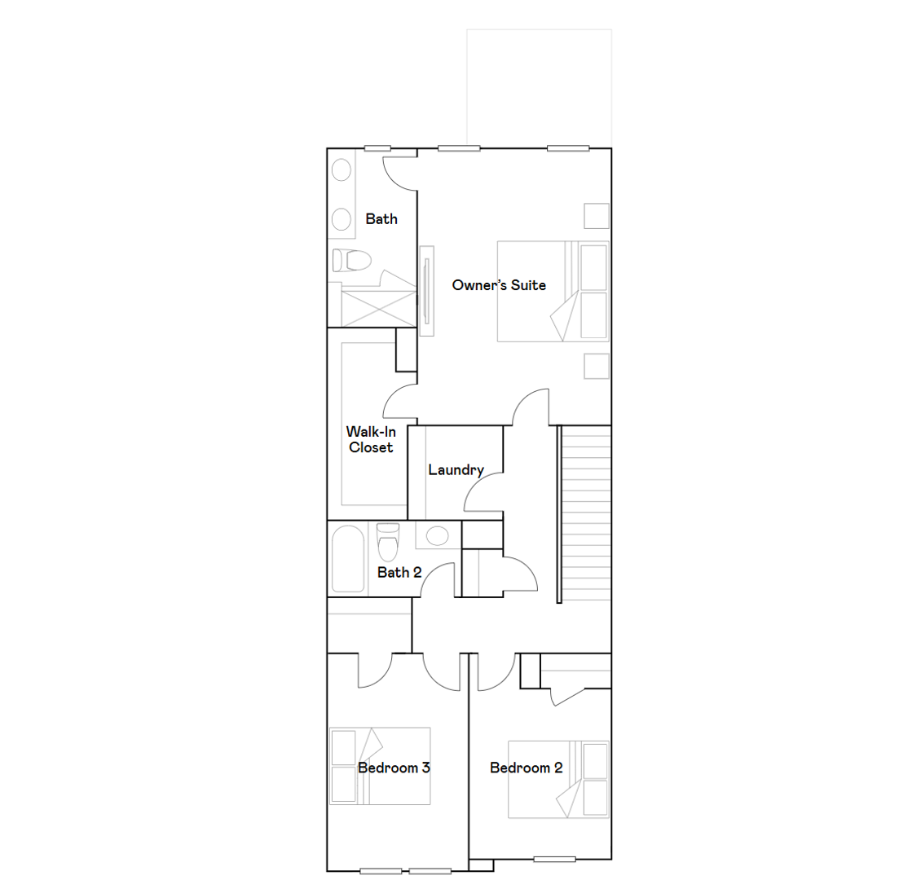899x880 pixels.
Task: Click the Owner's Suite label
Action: click(499, 285)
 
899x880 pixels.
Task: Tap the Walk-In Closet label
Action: click(371, 440)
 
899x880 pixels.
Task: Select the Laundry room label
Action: click(456, 470)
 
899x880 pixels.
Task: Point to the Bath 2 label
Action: click(399, 572)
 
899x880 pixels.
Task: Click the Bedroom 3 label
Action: click(394, 768)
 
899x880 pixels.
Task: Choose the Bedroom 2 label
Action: click(527, 768)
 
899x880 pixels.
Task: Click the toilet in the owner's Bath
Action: click(352, 260)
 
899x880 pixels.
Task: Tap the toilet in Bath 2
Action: click(388, 542)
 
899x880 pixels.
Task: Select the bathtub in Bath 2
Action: click(348, 558)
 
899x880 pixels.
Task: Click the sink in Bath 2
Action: click(437, 536)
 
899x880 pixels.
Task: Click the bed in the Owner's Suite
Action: click(553, 291)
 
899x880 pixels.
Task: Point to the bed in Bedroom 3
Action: click(380, 766)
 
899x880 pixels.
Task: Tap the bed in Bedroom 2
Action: click(558, 780)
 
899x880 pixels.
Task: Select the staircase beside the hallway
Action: click(585, 514)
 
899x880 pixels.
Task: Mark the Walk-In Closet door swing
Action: click(399, 402)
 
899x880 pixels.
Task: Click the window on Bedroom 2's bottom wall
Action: click(554, 859)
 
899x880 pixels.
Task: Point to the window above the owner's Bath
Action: click(377, 148)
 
